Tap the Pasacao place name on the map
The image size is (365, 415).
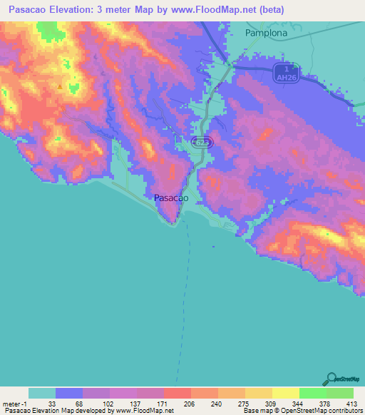[171, 198]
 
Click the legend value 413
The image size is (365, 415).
[351, 404]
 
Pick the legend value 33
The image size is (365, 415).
[51, 404]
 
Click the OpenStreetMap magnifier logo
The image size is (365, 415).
[332, 379]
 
